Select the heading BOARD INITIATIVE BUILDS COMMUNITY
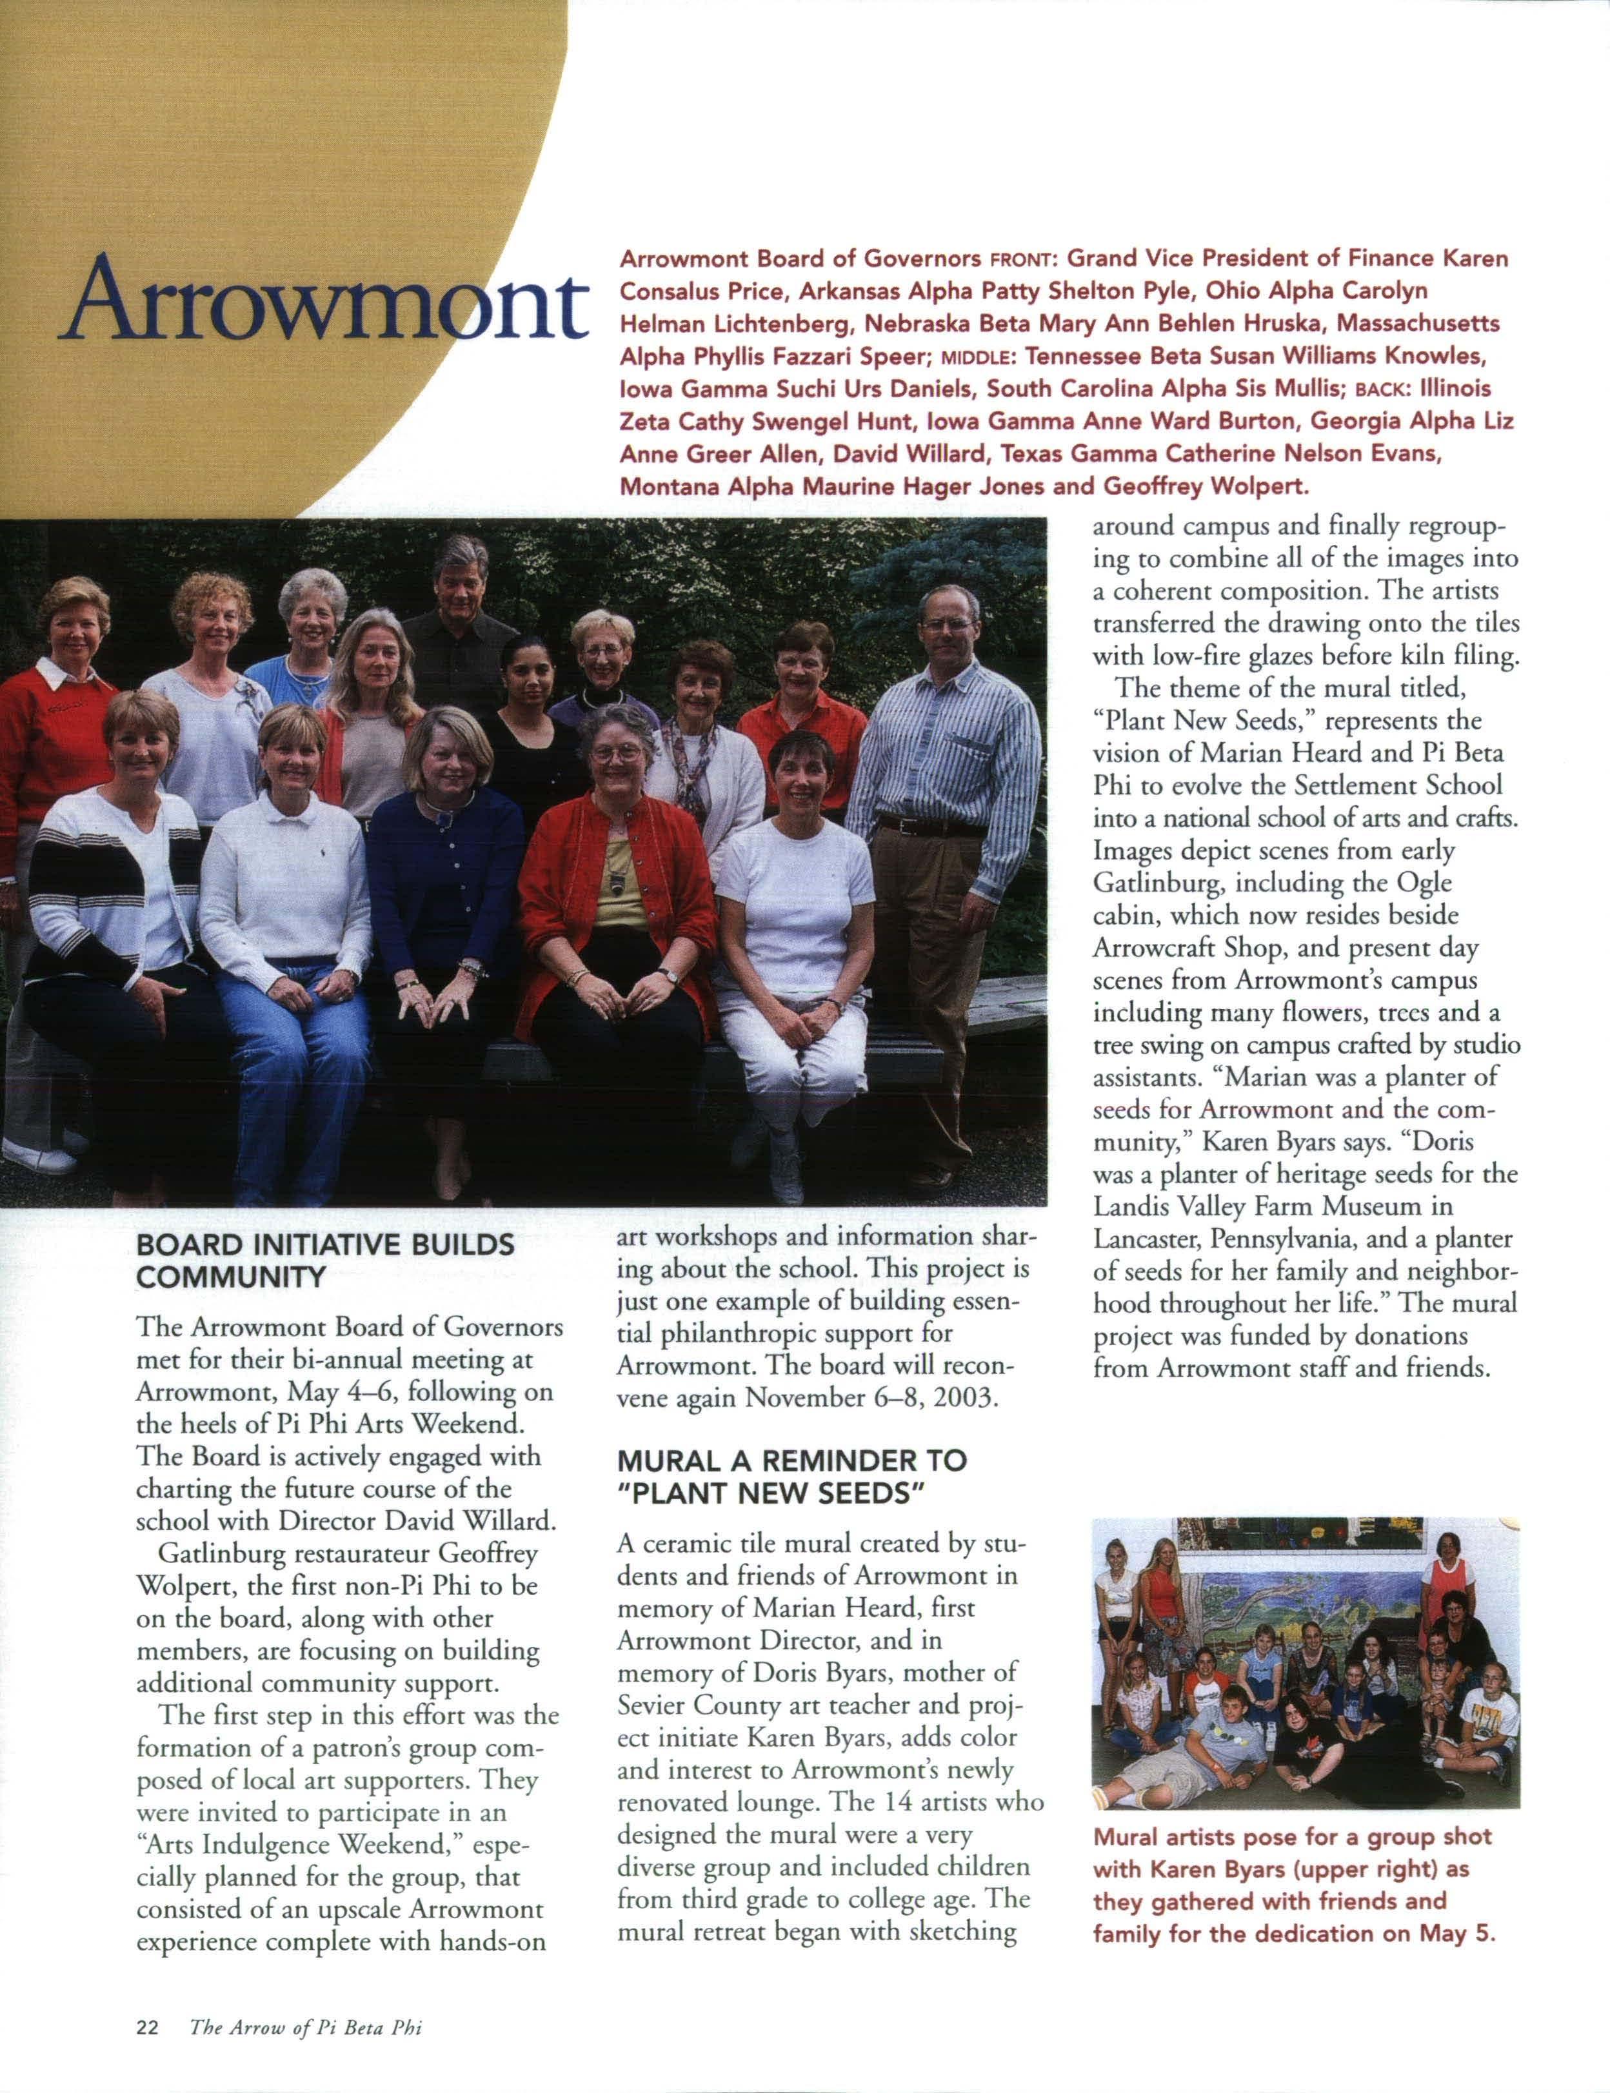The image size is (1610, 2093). point(326,1261)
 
